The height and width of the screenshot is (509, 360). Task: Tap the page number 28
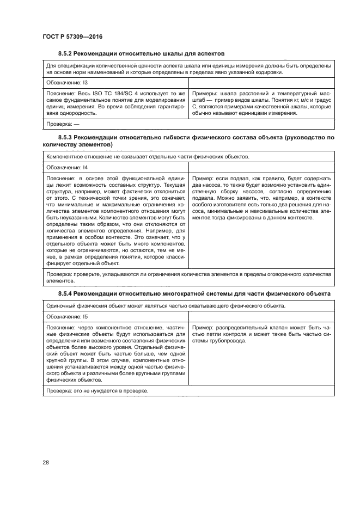pyautogui.click(x=45, y=463)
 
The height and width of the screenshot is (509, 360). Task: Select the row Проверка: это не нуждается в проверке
pyautogui.click(x=97, y=391)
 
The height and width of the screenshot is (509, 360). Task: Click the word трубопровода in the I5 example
pyautogui.click(x=227, y=341)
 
